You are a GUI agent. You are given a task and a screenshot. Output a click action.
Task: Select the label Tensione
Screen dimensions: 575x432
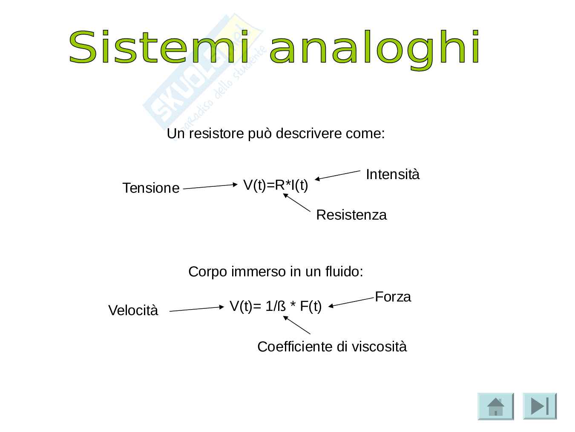151,188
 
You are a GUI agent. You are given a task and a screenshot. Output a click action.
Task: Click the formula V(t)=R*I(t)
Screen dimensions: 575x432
276,185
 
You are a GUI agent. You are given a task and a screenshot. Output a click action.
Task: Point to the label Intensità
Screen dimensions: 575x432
392,174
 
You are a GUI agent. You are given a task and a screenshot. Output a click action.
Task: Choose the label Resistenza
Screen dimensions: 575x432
351,215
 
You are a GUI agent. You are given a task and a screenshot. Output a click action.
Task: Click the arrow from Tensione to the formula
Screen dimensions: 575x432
210,186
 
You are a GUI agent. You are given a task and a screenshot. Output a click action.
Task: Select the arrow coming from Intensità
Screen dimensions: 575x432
337,175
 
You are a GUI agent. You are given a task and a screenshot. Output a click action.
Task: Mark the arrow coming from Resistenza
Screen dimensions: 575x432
296,202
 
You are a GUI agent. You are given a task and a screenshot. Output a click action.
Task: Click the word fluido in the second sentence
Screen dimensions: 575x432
344,271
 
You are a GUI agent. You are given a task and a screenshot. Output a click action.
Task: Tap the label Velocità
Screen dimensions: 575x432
133,310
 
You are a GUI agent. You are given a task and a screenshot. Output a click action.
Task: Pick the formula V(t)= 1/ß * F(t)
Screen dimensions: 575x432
276,306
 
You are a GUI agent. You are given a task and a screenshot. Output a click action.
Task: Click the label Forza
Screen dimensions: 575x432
393,297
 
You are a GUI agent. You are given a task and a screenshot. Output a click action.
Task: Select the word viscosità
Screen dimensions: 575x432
379,346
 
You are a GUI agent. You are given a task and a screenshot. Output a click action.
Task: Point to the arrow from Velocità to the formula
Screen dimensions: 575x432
197,309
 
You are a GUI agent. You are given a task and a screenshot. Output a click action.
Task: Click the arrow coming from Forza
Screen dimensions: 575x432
351,302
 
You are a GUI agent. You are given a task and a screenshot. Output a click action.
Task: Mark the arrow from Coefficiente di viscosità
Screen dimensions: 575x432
296,325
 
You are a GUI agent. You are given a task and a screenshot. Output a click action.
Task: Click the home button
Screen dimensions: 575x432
496,406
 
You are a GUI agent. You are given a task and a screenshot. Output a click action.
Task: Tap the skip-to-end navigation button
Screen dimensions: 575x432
540,406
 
